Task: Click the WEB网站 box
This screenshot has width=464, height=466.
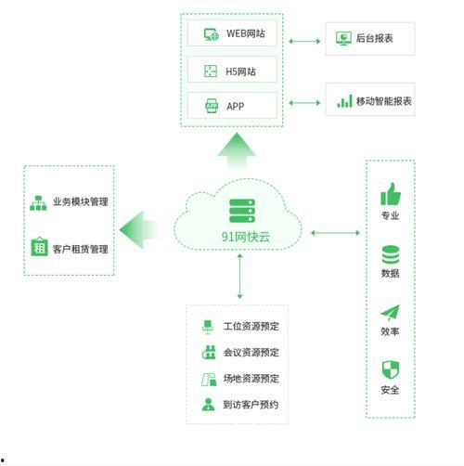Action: click(x=232, y=34)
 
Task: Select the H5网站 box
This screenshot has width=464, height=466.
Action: click(x=232, y=70)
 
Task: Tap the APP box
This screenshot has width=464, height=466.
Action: click(x=232, y=105)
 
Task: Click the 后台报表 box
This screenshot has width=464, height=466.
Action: click(x=369, y=39)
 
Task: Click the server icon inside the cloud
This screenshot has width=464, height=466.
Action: click(x=241, y=210)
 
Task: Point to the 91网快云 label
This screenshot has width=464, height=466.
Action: click(x=241, y=236)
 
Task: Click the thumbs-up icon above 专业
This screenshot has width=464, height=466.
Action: click(x=390, y=194)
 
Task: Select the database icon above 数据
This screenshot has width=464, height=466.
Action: click(x=390, y=253)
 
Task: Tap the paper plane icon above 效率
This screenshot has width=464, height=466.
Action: click(x=390, y=313)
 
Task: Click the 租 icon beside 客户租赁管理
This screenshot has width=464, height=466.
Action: click(x=39, y=248)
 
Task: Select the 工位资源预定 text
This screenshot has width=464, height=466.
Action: click(x=251, y=327)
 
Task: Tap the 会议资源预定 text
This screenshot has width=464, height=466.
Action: click(x=251, y=353)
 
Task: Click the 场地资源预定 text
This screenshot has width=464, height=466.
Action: click(x=251, y=379)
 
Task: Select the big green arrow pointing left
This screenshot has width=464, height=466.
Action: click(x=137, y=228)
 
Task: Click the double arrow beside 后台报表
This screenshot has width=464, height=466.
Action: click(x=303, y=40)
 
